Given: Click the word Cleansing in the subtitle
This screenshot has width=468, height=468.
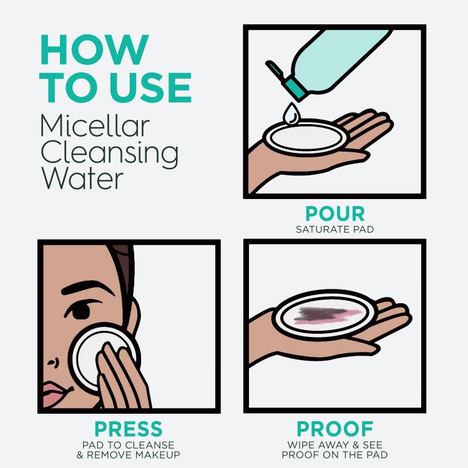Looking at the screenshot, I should coord(109,153).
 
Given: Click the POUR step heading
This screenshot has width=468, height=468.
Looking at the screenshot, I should coord(335,214).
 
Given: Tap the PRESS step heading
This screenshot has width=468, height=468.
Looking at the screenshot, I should coord(129,429).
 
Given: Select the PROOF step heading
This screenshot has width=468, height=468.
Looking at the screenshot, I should coord(335,429).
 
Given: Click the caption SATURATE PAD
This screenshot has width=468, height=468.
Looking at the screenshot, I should coord(335,229).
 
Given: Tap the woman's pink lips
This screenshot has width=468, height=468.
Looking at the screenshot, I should coord(52,394).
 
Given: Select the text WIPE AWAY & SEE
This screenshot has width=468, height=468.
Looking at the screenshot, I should coord(335,445).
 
